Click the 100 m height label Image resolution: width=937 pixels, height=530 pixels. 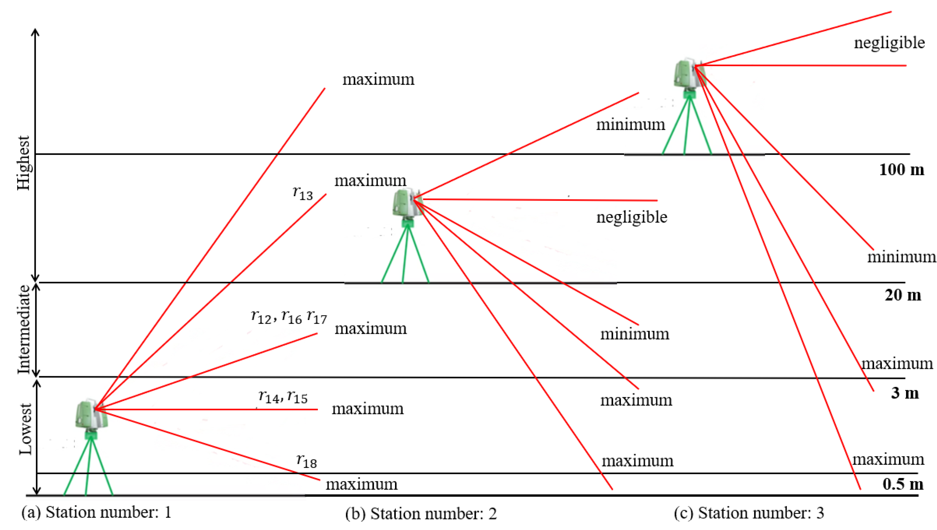(901, 170)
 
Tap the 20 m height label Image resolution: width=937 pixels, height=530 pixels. (903, 295)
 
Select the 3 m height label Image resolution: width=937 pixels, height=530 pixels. (905, 393)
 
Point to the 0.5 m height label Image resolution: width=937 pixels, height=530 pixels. (903, 484)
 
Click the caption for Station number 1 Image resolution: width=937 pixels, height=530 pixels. (97, 513)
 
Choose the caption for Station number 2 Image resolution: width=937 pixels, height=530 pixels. (421, 514)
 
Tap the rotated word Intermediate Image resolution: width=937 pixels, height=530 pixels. (24, 330)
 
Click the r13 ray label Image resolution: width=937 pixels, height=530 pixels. (303, 193)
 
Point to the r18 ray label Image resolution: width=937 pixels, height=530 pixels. (307, 461)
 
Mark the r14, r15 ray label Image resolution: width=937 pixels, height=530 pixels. (283, 397)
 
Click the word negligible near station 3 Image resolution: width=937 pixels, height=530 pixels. (889, 43)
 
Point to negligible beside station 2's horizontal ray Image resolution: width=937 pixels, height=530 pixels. (632, 217)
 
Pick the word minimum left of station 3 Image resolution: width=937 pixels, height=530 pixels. (630, 125)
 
